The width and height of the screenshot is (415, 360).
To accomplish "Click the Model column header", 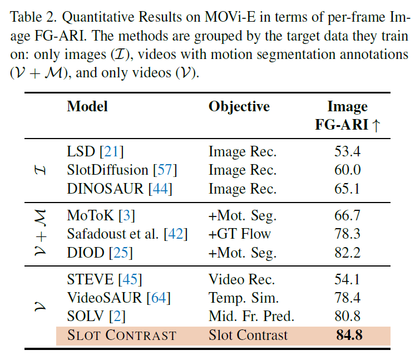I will (87, 106).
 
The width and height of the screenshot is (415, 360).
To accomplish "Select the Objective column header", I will (239, 106).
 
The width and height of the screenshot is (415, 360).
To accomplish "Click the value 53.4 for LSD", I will (347, 151).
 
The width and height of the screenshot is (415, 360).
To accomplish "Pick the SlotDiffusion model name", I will (108, 170).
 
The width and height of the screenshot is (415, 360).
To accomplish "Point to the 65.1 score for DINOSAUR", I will (347, 189).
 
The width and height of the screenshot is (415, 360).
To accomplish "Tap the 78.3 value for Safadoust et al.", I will (347, 234).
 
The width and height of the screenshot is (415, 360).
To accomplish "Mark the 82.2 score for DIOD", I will (347, 253).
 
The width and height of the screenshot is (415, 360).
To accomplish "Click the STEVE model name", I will (90, 279).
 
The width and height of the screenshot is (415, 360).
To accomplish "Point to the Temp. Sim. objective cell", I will (244, 298).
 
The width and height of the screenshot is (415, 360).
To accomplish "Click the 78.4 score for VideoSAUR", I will (347, 298).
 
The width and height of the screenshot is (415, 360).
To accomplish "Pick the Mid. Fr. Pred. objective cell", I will (251, 317).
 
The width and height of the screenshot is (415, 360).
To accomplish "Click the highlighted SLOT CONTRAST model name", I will (121, 336).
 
